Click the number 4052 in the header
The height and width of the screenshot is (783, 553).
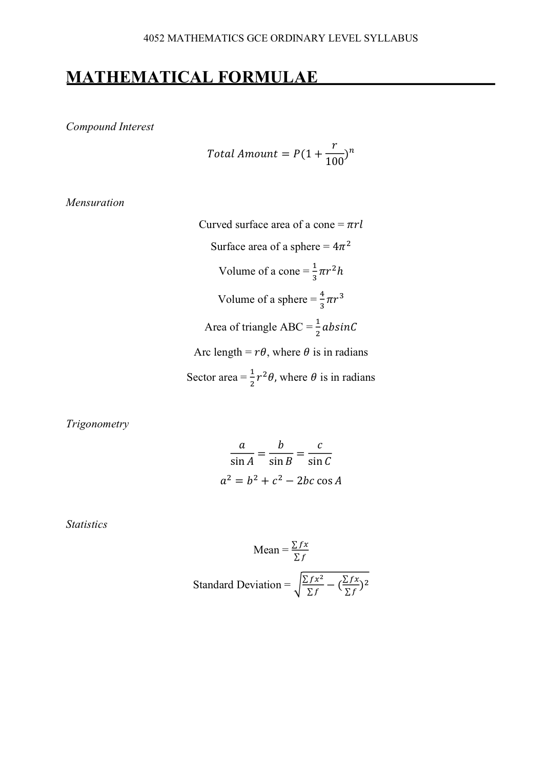154,38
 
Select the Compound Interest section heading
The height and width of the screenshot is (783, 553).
110,127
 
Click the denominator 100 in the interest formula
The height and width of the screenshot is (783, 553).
335,162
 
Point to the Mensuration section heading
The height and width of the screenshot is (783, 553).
95,202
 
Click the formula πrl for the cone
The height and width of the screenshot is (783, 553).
355,224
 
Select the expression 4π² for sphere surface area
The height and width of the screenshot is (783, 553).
341,246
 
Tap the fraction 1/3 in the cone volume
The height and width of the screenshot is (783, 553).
315,272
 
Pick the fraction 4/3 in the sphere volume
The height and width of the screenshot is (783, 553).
322,300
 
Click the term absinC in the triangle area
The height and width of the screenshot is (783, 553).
339,327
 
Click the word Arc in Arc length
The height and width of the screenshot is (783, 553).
202,352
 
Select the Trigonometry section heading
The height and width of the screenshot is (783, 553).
97,424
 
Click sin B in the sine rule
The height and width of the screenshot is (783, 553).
280,461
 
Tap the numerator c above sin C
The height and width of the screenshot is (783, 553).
320,445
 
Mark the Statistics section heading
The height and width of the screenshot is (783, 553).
87,524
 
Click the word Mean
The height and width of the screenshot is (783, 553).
266,550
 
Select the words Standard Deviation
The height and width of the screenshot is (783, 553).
237,585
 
